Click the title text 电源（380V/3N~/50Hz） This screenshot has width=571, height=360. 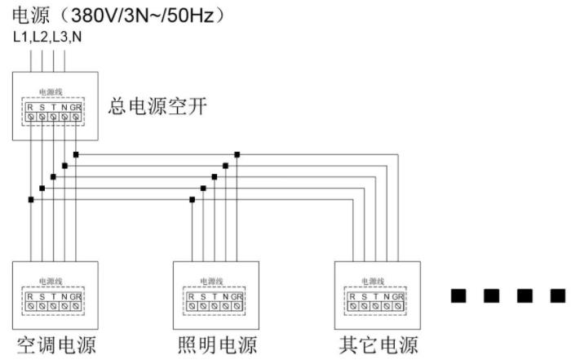click(x=118, y=16)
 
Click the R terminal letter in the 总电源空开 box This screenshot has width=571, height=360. click(x=30, y=107)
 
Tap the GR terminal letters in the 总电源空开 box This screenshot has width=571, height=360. click(x=76, y=107)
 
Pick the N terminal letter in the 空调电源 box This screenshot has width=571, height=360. click(x=64, y=296)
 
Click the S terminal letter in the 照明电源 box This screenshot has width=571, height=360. click(x=203, y=296)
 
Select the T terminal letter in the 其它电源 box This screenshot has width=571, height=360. click(x=375, y=296)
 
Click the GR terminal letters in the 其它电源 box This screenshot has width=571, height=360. click(x=398, y=296)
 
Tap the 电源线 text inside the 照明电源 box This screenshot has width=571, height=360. click(x=214, y=281)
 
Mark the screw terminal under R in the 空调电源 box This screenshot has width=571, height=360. click(x=30, y=306)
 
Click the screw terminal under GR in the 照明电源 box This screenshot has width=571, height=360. click(x=237, y=306)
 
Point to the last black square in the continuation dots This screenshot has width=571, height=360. click(x=557, y=296)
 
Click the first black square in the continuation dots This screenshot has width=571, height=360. click(x=459, y=296)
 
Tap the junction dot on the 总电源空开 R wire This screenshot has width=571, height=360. click(x=30, y=199)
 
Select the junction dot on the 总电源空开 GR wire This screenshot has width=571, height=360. click(x=76, y=153)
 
